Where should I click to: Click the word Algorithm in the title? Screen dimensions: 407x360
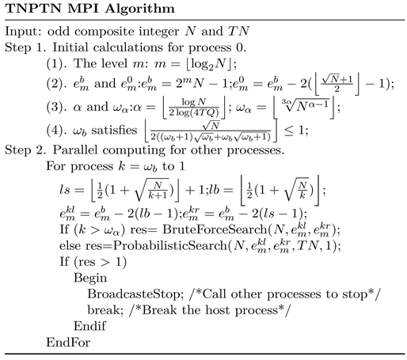[140, 9]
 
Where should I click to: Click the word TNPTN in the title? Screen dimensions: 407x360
[34, 8]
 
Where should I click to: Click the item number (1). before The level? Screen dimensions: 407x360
[56, 64]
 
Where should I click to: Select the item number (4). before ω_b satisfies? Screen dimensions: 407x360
[56, 131]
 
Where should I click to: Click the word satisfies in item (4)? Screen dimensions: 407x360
[114, 130]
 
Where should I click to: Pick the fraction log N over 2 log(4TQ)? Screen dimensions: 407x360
[194, 107]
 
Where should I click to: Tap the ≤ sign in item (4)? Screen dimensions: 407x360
[289, 131]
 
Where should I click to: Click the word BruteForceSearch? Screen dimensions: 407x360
[215, 229]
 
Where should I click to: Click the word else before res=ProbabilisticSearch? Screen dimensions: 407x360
[70, 246]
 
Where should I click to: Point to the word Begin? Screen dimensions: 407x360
[90, 279]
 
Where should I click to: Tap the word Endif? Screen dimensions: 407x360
[89, 326]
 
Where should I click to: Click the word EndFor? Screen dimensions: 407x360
[68, 343]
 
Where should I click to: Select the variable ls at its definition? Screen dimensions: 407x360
[65, 190]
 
